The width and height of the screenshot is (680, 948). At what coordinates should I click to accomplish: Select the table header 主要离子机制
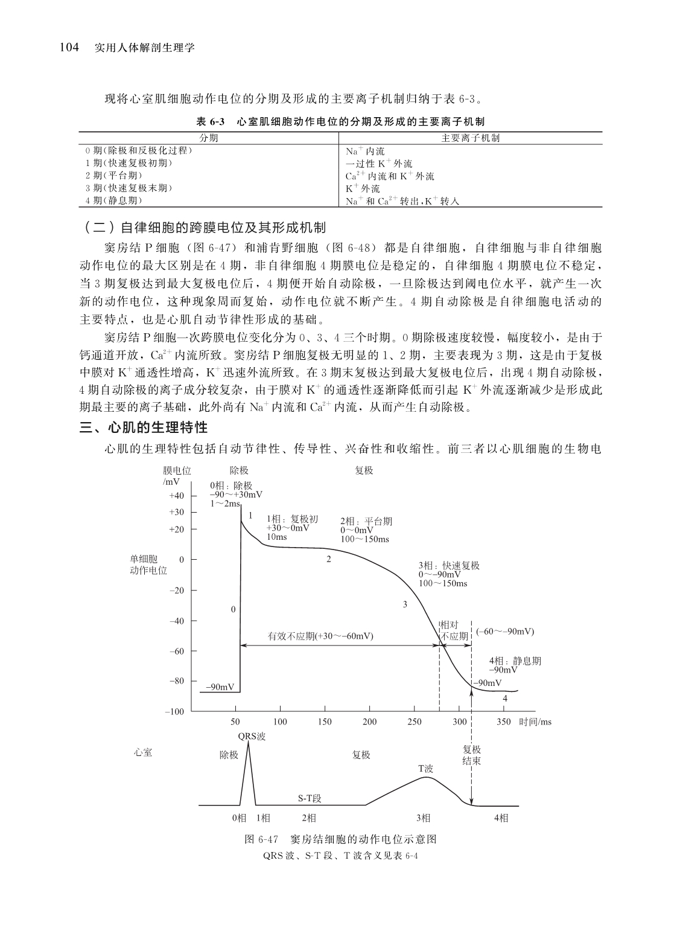pos(470,138)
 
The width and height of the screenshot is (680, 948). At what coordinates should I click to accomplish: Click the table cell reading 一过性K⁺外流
pos(379,164)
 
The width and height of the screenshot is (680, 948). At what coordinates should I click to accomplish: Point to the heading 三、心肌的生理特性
pos(144,428)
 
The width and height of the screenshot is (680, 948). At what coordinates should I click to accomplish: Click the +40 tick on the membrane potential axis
pos(176,496)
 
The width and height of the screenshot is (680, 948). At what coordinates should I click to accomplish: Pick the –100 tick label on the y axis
pos(174,712)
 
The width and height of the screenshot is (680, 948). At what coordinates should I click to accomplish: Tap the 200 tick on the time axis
pos(370,722)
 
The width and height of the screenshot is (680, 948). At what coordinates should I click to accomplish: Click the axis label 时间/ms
pos(535,722)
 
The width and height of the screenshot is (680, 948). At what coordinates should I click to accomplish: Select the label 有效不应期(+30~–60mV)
pos(320,636)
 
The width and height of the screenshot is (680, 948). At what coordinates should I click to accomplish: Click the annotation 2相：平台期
pos(366,521)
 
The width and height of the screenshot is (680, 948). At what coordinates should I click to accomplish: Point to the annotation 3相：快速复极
pos(449,566)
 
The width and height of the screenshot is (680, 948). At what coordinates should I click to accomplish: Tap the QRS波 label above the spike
pos(252,736)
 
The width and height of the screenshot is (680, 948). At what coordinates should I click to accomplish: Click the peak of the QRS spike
pos(248,743)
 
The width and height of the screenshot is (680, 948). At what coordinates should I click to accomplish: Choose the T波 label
pos(426,769)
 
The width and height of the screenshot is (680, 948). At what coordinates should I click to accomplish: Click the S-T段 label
pos(310,798)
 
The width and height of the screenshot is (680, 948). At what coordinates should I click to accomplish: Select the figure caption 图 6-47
pos(261,839)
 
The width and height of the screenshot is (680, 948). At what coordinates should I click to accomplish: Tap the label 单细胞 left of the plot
pos(144,559)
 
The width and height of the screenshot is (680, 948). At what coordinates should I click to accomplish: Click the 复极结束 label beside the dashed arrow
pos(471,755)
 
